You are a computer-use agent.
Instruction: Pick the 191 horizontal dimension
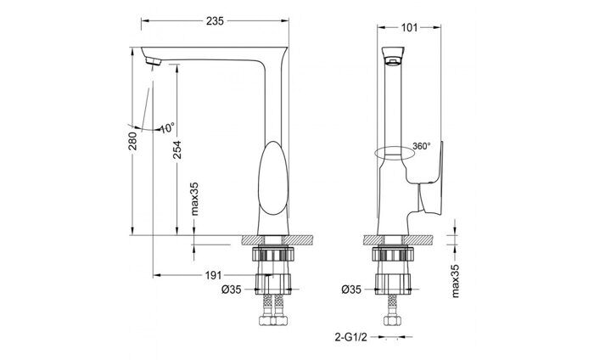(x=213, y=275)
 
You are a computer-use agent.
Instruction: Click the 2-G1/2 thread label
(x=351, y=336)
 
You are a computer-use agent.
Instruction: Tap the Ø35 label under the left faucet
(x=231, y=289)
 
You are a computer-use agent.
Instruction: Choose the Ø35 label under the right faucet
(x=353, y=289)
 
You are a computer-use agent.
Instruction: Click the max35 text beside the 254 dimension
(x=194, y=201)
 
